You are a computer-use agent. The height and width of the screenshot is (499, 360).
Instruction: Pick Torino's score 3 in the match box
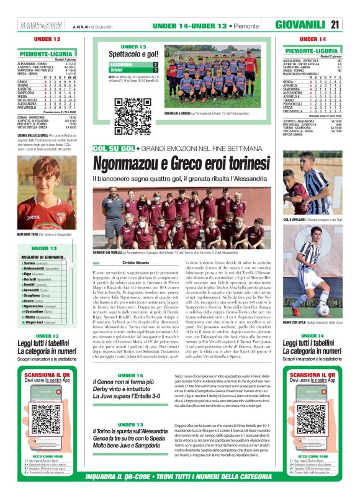pos(155,70)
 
